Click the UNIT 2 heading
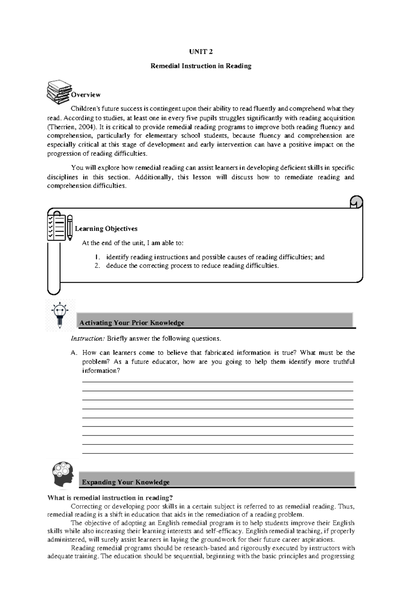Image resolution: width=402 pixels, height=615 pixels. tap(201, 52)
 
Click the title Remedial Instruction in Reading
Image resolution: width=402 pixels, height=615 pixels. tap(201, 66)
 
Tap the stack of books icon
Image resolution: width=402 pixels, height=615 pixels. tap(59, 91)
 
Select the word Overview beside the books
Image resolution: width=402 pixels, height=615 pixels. tap(85, 95)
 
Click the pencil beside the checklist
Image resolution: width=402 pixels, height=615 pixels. tap(70, 228)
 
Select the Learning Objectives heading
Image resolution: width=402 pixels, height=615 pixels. tap(106, 229)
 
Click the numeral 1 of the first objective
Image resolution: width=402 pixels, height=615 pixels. tap(97, 257)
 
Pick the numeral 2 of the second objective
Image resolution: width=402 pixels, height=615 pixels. tap(97, 266)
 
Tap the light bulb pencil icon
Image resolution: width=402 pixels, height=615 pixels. tap(60, 315)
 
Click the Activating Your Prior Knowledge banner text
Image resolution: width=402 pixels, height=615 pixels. tap(132, 323)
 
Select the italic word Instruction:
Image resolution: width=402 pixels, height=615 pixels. tap(88, 339)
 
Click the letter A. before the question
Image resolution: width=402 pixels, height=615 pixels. tap(74, 353)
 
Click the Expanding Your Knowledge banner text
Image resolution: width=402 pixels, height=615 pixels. tap(126, 482)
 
